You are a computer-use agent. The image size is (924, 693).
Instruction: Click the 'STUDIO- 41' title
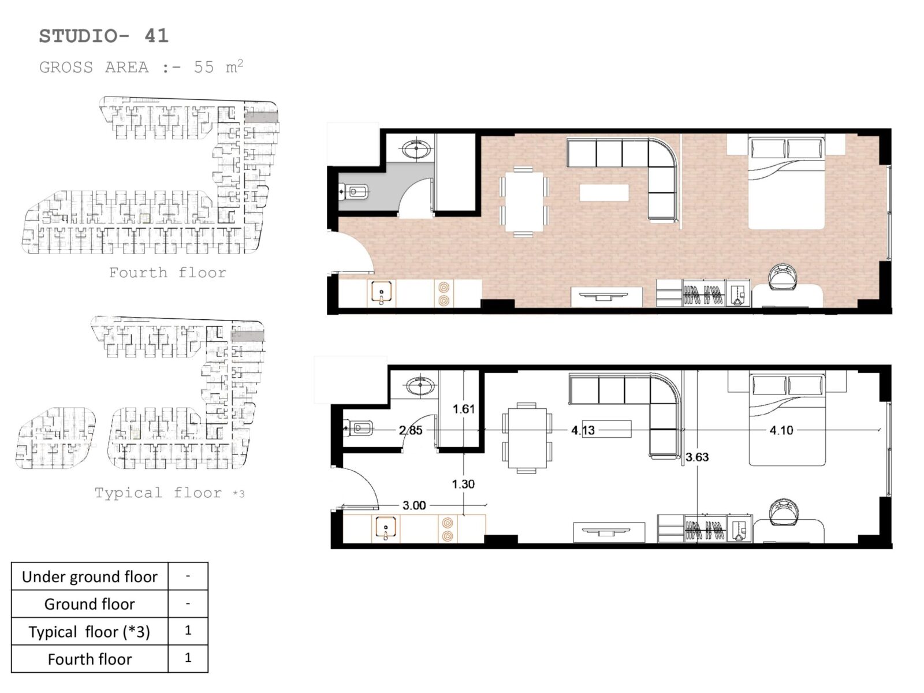103,36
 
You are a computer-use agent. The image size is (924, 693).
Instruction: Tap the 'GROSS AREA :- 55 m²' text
141,67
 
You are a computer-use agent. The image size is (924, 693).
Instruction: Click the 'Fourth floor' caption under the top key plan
167,273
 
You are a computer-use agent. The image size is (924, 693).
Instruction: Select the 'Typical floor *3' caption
169,493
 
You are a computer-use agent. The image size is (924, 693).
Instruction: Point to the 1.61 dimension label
464,408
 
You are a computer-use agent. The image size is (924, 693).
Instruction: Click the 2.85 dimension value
411,430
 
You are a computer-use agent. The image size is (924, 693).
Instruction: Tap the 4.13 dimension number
583,430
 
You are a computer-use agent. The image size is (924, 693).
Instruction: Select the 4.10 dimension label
781,430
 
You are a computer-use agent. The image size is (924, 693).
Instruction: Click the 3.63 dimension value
697,457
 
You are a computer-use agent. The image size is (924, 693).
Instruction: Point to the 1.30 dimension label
463,484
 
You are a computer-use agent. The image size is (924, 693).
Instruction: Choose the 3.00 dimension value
414,505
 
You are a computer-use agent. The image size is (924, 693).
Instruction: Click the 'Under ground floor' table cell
90,576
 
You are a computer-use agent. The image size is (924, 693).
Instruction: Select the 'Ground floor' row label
90,604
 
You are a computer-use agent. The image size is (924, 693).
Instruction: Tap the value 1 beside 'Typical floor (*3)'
188,630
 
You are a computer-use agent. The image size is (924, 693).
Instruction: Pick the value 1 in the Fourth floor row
188,658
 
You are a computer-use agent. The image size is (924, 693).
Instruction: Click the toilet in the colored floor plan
354,192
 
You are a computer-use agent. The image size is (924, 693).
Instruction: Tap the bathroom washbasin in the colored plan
416,148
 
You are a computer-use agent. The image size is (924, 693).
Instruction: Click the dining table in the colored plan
523,202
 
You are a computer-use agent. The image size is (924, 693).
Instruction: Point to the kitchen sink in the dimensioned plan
386,529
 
